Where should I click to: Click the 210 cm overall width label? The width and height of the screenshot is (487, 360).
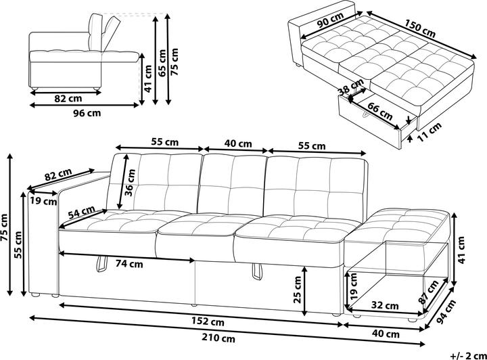pyautogui.click(x=218, y=338)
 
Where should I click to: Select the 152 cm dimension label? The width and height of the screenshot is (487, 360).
pyautogui.click(x=208, y=321)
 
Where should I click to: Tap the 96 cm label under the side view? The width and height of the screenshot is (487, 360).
pyautogui.click(x=87, y=113)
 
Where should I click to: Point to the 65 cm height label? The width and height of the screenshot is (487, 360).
pyautogui.click(x=162, y=62)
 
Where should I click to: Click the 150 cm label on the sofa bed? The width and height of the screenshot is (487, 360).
pyautogui.click(x=420, y=28)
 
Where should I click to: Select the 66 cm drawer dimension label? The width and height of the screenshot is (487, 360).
pyautogui.click(x=380, y=111)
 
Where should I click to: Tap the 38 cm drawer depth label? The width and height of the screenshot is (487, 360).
pyautogui.click(x=351, y=87)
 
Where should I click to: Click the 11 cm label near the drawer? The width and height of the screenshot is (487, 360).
pyautogui.click(x=429, y=132)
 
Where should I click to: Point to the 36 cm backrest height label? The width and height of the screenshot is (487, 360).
pyautogui.click(x=130, y=182)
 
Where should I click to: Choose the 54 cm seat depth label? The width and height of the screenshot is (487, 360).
pyautogui.click(x=81, y=212)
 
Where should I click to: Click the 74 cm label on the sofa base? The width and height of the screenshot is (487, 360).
pyautogui.click(x=129, y=264)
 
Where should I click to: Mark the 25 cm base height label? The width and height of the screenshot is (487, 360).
pyautogui.click(x=297, y=290)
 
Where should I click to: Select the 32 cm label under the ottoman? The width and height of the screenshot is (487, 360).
pyautogui.click(x=385, y=306)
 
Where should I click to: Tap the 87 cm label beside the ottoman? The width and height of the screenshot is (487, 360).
pyautogui.click(x=429, y=291)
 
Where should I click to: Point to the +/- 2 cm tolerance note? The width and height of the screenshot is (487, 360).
pyautogui.click(x=468, y=355)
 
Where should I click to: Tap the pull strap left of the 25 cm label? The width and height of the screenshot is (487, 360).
pyautogui.click(x=256, y=270)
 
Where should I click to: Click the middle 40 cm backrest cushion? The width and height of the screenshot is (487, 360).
pyautogui.click(x=231, y=185)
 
